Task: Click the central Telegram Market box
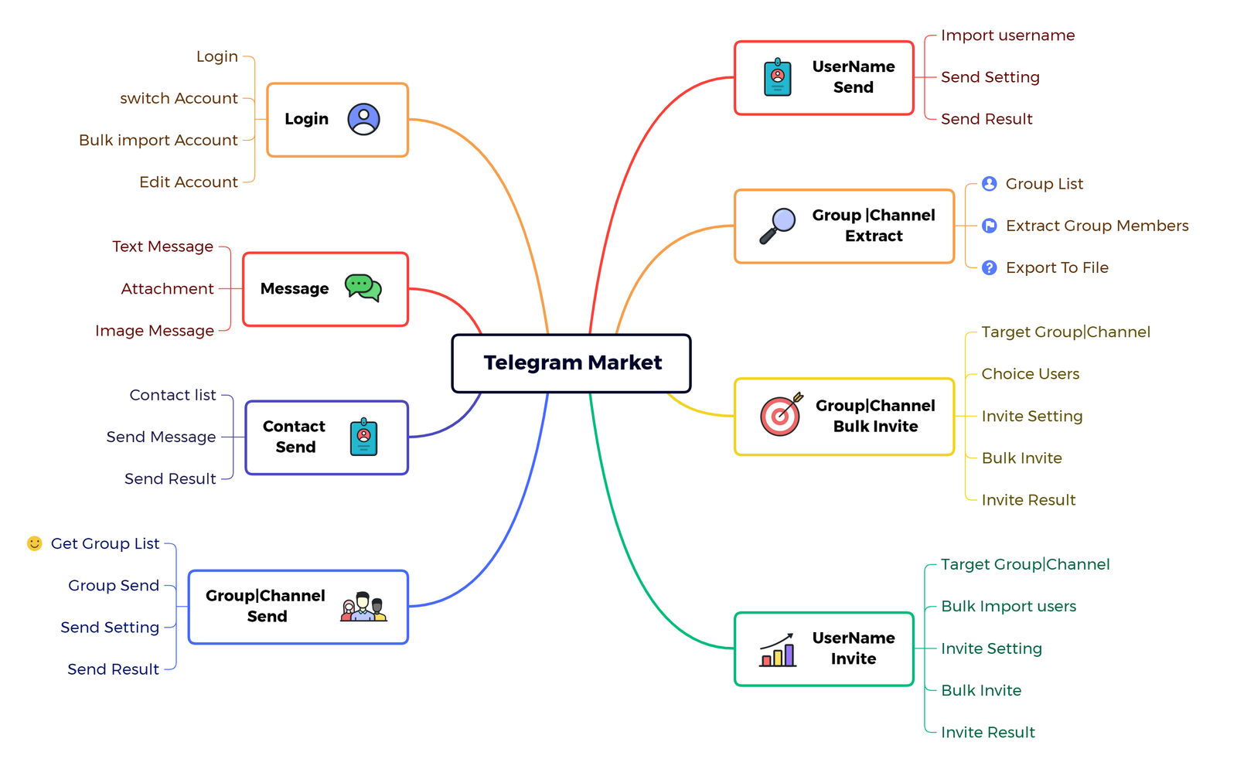(571, 363)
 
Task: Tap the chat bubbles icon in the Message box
(363, 288)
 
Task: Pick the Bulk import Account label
(158, 140)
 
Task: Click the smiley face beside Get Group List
(34, 543)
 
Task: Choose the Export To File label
(1057, 267)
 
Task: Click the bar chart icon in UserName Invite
(778, 650)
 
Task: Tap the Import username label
(1007, 36)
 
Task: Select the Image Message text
(155, 331)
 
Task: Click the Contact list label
(172, 395)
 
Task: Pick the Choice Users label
(1030, 374)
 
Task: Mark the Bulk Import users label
(1008, 607)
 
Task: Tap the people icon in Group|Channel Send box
(363, 607)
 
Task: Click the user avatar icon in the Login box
(363, 119)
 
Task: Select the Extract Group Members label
(1096, 226)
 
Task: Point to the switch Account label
(179, 98)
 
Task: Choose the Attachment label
(167, 289)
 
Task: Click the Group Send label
(114, 586)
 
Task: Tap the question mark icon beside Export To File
(989, 267)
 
